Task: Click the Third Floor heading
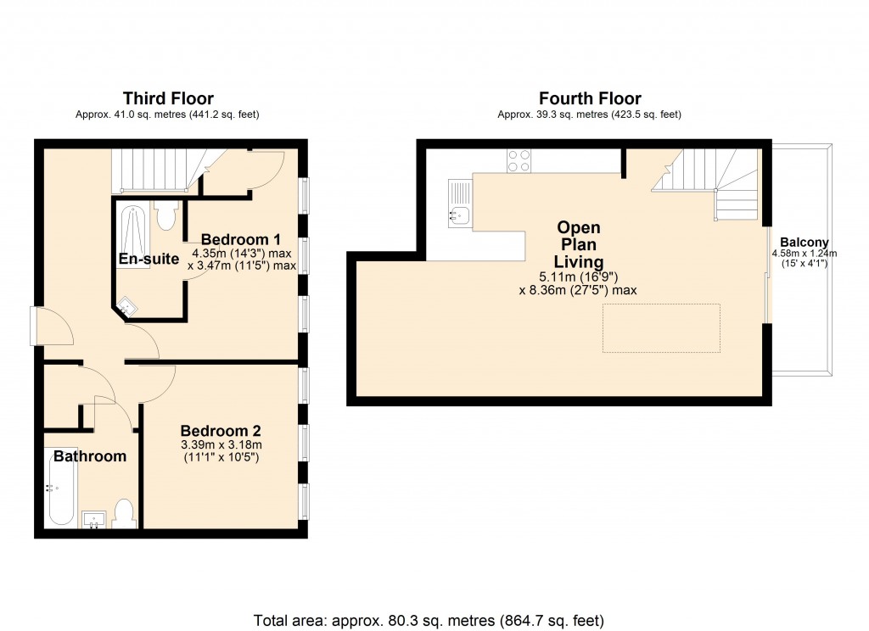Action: click(x=168, y=98)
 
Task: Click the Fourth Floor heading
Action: click(x=590, y=98)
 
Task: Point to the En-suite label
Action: click(x=148, y=260)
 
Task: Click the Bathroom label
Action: click(x=90, y=456)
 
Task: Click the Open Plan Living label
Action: click(x=578, y=244)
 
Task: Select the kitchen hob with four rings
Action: click(x=519, y=160)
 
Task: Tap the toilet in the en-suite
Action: click(x=166, y=216)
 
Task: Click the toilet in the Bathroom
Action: click(x=124, y=514)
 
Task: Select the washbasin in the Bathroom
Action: click(x=93, y=519)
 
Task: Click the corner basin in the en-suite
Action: click(x=126, y=307)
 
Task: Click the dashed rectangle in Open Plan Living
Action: click(x=661, y=327)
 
